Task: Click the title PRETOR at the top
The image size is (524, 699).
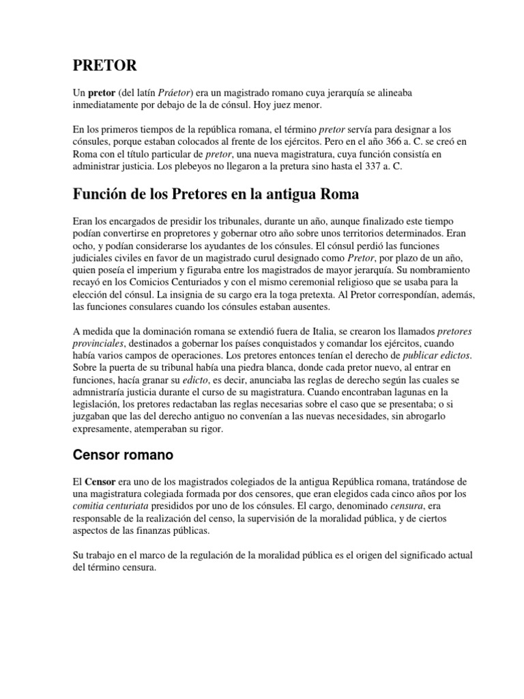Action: [104, 66]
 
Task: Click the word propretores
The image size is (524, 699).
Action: [176, 233]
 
